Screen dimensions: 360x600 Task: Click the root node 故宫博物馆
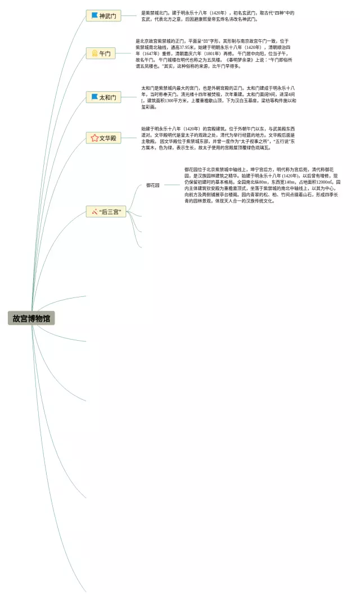point(31,318)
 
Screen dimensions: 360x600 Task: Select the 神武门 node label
point(107,16)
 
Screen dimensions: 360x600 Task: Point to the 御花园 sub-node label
point(153,185)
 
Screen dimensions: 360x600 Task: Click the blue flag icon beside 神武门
point(94,16)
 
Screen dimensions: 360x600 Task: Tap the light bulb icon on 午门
point(94,54)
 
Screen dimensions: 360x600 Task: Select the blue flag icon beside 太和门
point(94,97)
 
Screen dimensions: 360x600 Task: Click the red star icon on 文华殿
point(94,138)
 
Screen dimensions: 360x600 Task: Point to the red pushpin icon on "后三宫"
point(94,212)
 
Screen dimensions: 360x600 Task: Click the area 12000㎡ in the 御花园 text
point(325,182)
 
